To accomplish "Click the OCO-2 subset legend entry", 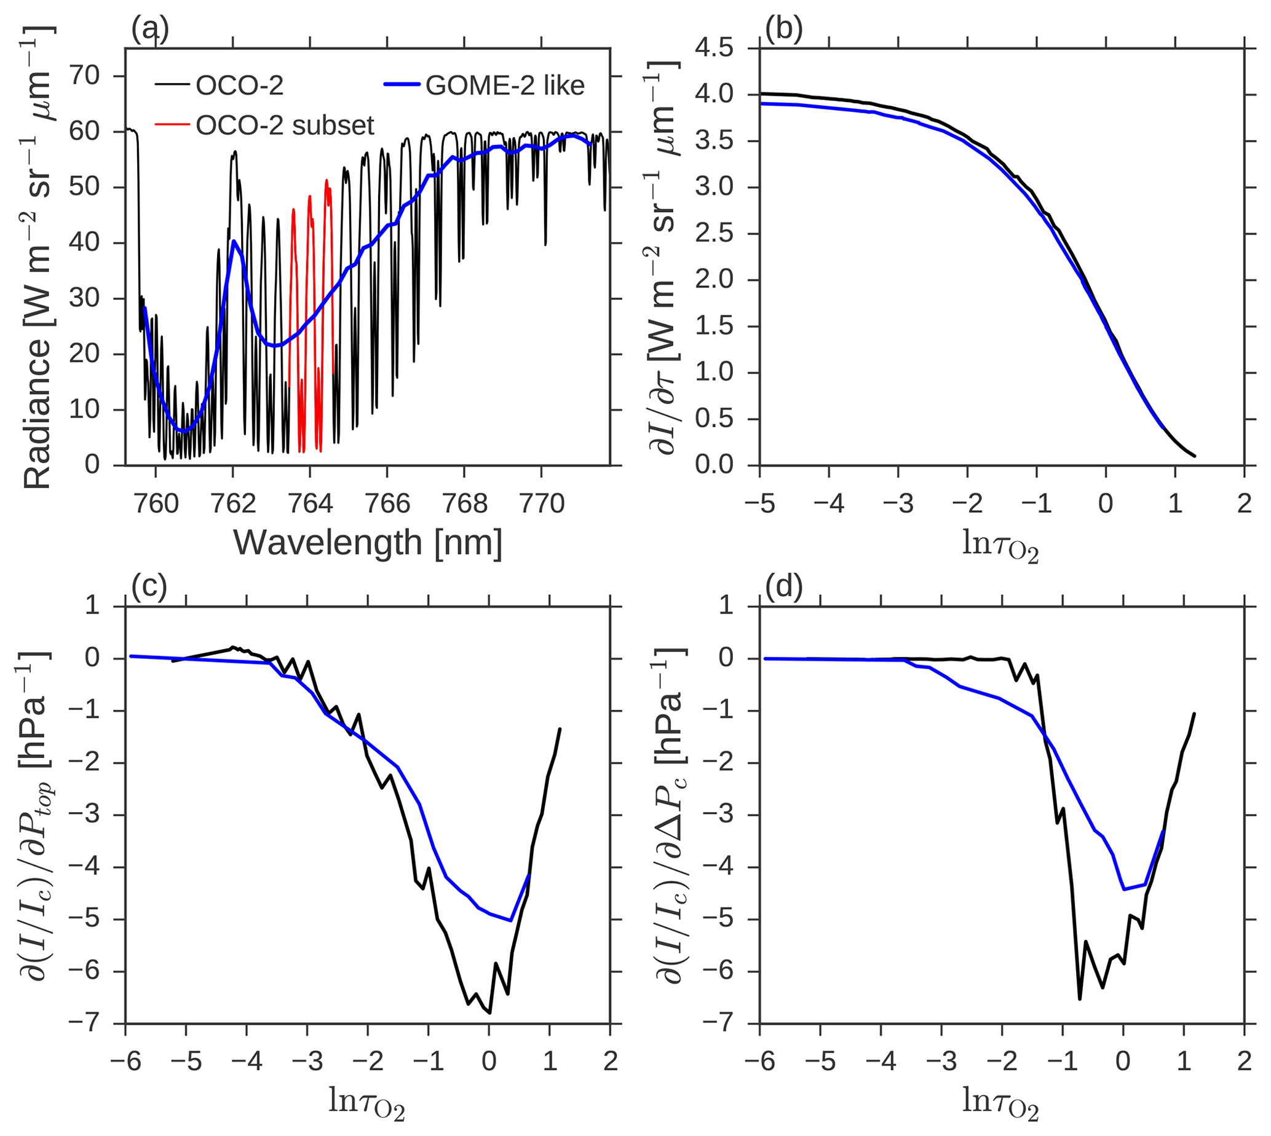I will [x=285, y=125].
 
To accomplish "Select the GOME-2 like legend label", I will [x=504, y=85].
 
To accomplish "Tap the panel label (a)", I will [x=150, y=30].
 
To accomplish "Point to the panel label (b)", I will [x=783, y=30].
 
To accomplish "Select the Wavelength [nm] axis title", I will [x=368, y=542].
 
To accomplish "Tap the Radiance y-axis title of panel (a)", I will [x=38, y=256].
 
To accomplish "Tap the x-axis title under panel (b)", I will [x=1000, y=544].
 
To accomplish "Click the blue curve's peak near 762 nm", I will [x=234, y=240].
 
